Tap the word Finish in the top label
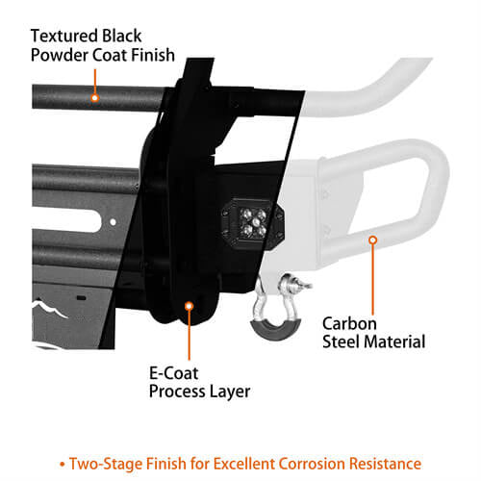pyautogui.click(x=153, y=55)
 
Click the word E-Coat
pyautogui.click(x=174, y=373)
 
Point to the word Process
pyautogui.click(x=177, y=392)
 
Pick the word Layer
pyautogui.click(x=230, y=392)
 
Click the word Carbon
pyautogui.click(x=349, y=323)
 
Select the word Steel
pyautogui.click(x=342, y=342)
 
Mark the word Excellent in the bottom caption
pyautogui.click(x=243, y=464)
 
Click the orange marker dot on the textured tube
pyautogui.click(x=94, y=97)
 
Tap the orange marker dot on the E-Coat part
pyautogui.click(x=190, y=306)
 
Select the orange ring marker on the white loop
pyautogui.click(x=372, y=240)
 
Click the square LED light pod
pyautogui.click(x=253, y=221)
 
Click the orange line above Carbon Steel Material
pyautogui.click(x=372, y=280)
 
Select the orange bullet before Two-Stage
pyautogui.click(x=63, y=465)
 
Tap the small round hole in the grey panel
pyautogui.click(x=113, y=222)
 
